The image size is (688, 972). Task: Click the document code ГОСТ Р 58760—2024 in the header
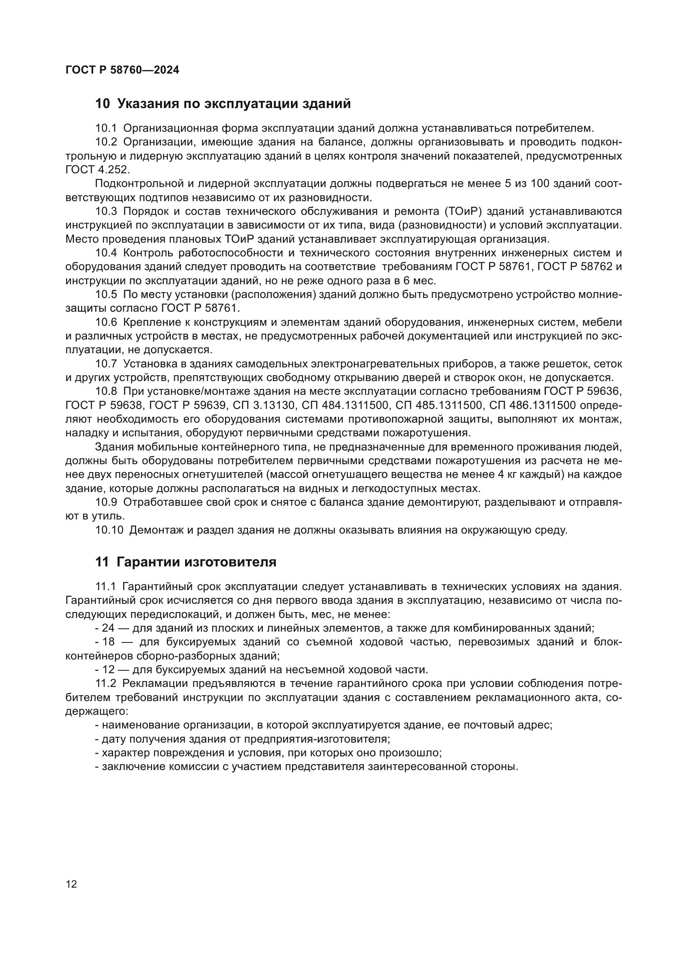click(122, 70)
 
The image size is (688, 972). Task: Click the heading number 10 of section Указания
click(102, 104)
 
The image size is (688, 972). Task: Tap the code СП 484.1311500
click(345, 405)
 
